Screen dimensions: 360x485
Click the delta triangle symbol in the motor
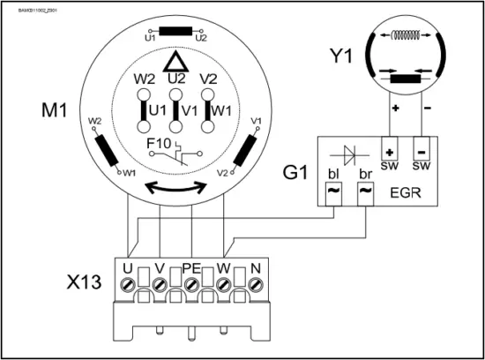177,61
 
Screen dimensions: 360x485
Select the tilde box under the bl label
333,190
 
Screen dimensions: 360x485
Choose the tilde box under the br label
366,190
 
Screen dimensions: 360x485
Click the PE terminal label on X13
191,266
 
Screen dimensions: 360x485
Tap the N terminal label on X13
256,266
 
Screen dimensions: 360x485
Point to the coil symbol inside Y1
407,37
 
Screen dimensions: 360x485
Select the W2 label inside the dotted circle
145,79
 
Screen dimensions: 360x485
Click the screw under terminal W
224,284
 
